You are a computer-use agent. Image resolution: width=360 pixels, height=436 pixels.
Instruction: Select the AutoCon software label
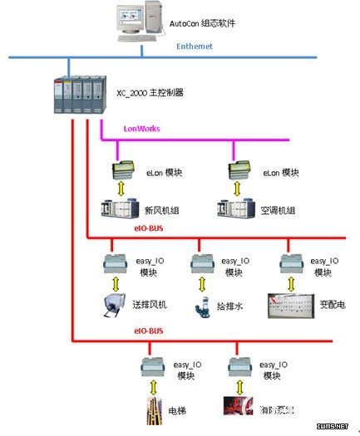coord(202,24)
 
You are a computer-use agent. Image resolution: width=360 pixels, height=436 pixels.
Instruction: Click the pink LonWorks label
coord(141,129)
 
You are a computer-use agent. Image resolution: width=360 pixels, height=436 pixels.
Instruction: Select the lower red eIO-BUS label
coord(149,331)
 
